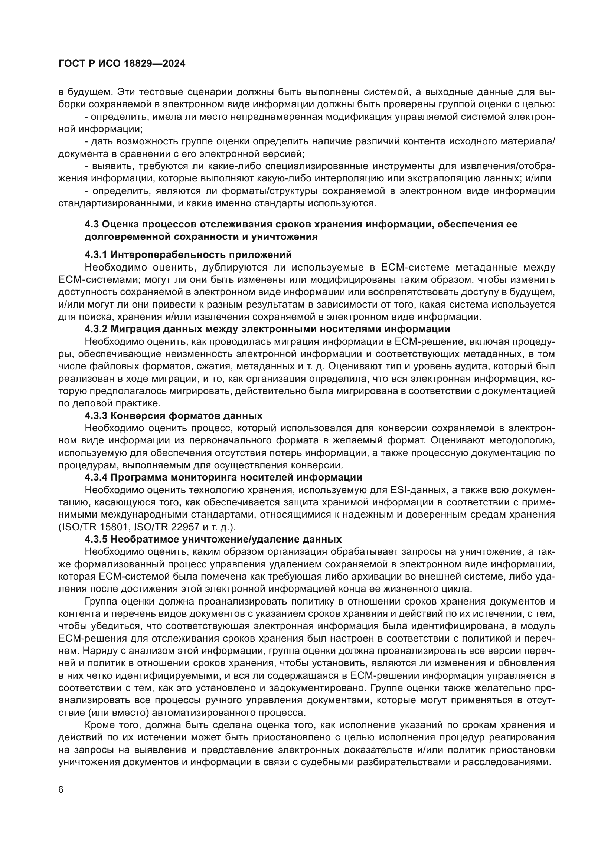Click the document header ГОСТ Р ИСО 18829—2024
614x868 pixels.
click(122, 64)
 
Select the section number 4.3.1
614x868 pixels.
click(97, 255)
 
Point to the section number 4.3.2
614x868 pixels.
click(97, 328)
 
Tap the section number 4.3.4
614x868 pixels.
click(97, 478)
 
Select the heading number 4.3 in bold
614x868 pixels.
click(91, 224)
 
